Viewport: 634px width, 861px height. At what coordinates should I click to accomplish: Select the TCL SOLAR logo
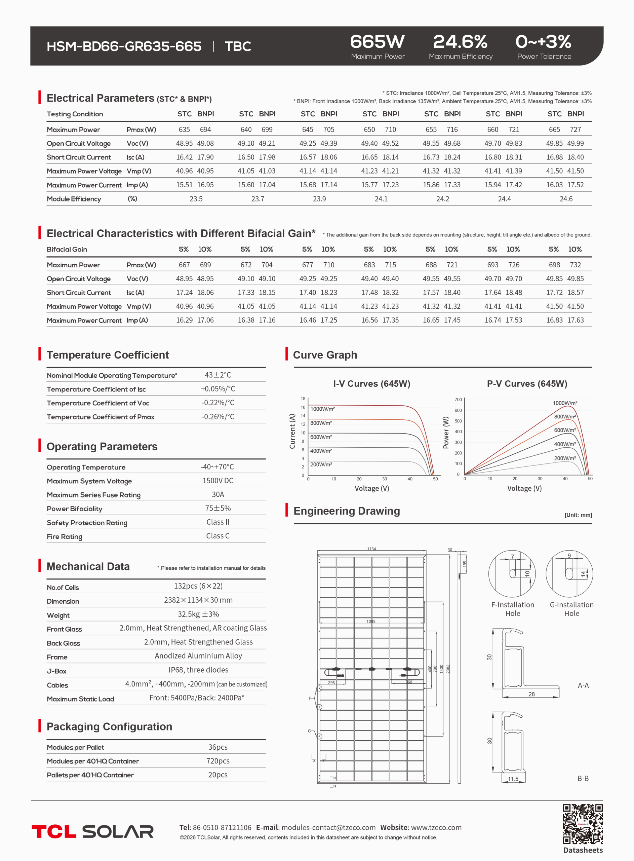(x=92, y=831)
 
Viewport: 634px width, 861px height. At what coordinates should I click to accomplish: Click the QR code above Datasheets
(x=583, y=824)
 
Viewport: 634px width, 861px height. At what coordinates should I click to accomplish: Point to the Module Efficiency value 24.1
(x=381, y=199)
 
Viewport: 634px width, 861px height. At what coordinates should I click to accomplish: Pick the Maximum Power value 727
(x=575, y=130)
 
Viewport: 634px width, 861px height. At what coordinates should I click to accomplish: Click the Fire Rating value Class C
(x=217, y=536)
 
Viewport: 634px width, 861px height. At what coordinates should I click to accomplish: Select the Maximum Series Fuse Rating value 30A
(x=217, y=494)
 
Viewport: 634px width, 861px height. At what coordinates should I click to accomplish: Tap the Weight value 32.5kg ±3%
(x=198, y=614)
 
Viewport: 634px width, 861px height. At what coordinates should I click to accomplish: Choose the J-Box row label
(x=57, y=671)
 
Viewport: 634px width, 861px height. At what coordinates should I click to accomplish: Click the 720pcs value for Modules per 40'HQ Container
(x=217, y=761)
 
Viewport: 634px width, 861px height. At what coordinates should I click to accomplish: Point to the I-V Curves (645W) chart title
(x=371, y=384)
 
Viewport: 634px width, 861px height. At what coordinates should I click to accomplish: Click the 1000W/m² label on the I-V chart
(x=322, y=409)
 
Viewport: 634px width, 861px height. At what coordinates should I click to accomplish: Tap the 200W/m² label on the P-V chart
(x=564, y=458)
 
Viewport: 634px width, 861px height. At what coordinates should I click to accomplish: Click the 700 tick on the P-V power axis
(x=458, y=400)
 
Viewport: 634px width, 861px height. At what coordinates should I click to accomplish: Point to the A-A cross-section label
(x=583, y=685)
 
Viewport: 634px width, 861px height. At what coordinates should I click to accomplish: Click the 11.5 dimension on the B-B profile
(x=513, y=779)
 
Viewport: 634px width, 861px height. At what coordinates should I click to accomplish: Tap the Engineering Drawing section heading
(x=347, y=511)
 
